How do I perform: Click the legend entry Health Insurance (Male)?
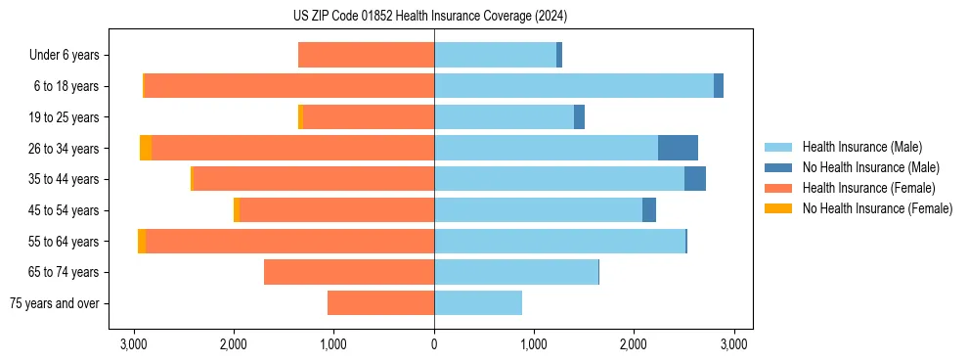pos(861,147)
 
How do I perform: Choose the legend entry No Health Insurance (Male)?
pos(870,167)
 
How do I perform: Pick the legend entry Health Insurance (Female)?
pos(865,188)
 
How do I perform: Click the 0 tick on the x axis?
pos(434,344)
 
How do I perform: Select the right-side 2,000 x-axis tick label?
pos(634,344)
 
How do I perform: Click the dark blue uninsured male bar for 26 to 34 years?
pos(678,148)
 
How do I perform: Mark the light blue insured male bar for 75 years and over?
pos(478,303)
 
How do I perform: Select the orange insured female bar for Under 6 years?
pos(366,55)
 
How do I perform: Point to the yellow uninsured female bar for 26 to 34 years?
pos(146,148)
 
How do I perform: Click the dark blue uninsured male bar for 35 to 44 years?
pos(695,179)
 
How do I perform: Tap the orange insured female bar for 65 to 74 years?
pos(349,272)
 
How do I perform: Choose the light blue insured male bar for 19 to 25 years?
pos(504,117)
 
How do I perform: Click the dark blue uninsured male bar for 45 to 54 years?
pos(649,210)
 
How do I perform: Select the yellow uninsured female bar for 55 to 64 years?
pos(142,241)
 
